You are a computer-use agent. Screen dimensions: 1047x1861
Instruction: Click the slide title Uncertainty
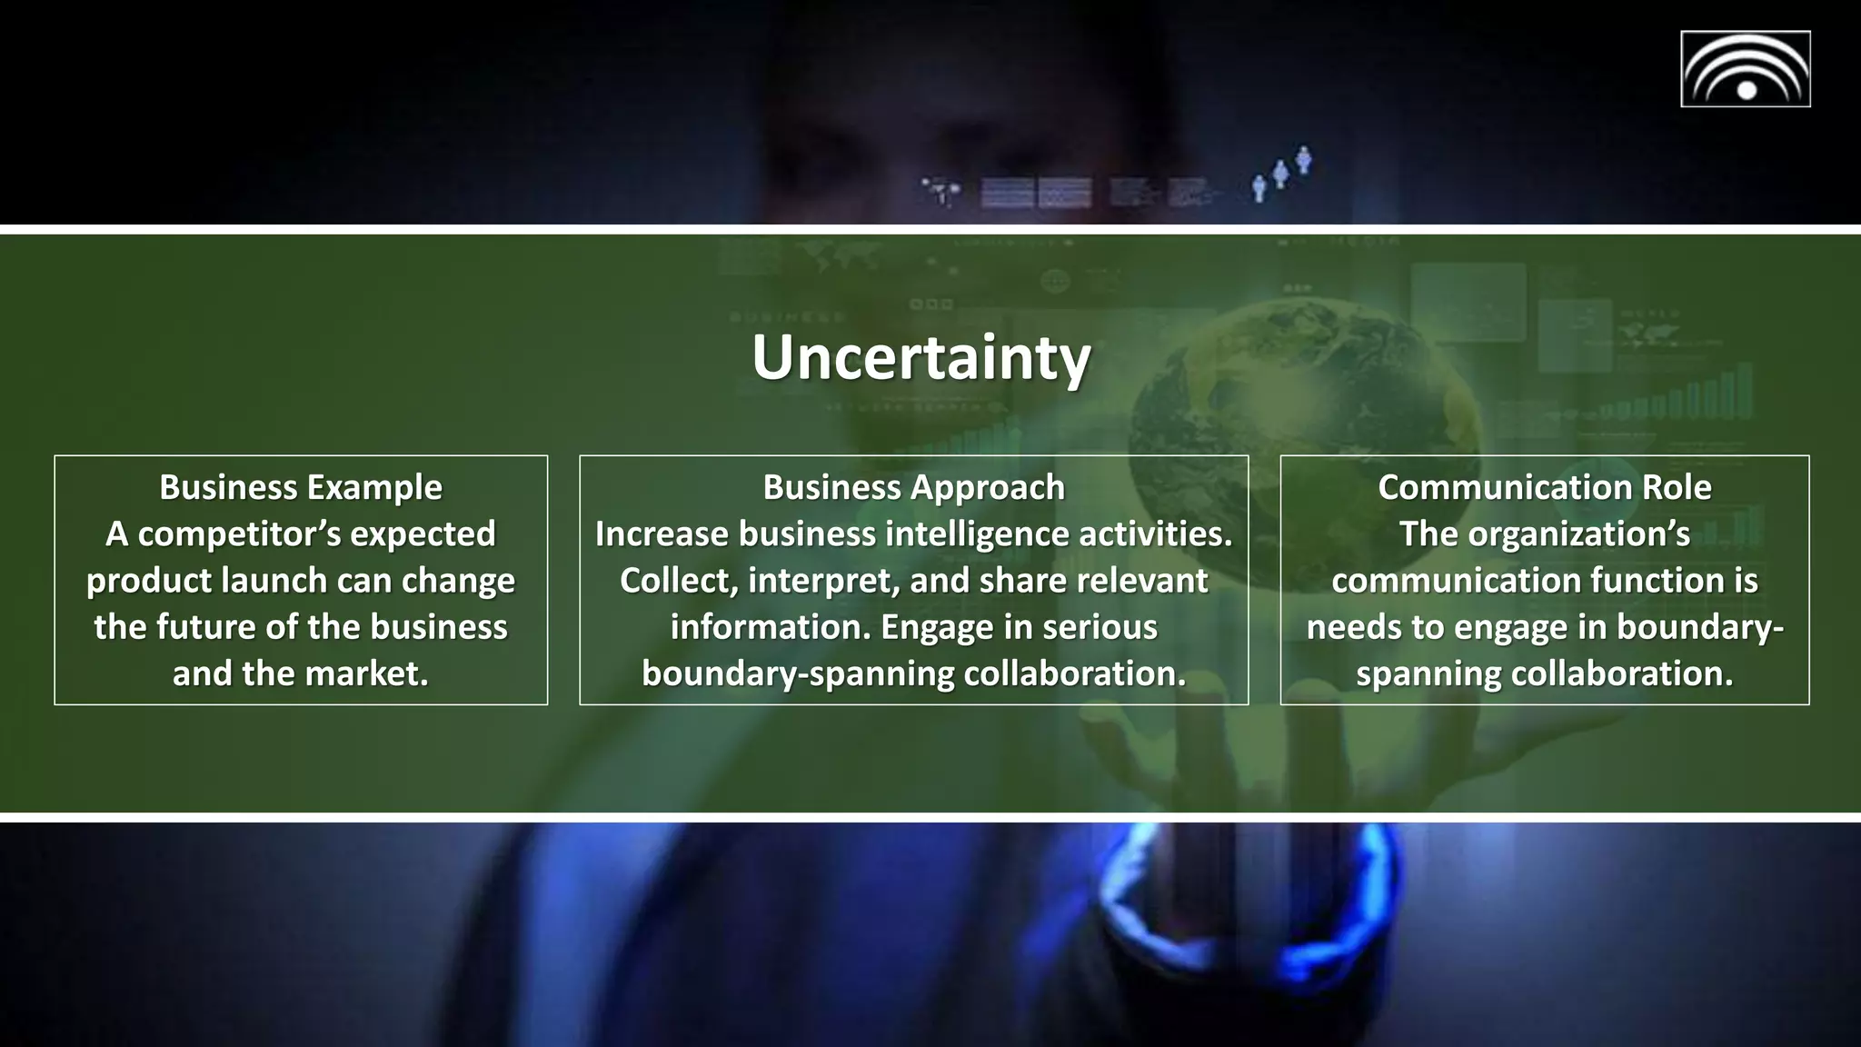point(921,358)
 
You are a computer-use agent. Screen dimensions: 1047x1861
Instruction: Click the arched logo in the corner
point(1745,69)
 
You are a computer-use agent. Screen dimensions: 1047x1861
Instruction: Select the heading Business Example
point(301,487)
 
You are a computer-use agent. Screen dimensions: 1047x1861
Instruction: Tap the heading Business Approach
point(913,487)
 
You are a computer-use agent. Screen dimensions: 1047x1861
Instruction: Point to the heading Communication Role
point(1544,487)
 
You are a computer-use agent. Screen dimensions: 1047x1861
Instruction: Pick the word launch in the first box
point(287,581)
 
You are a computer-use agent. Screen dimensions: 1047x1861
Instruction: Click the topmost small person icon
point(1304,159)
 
